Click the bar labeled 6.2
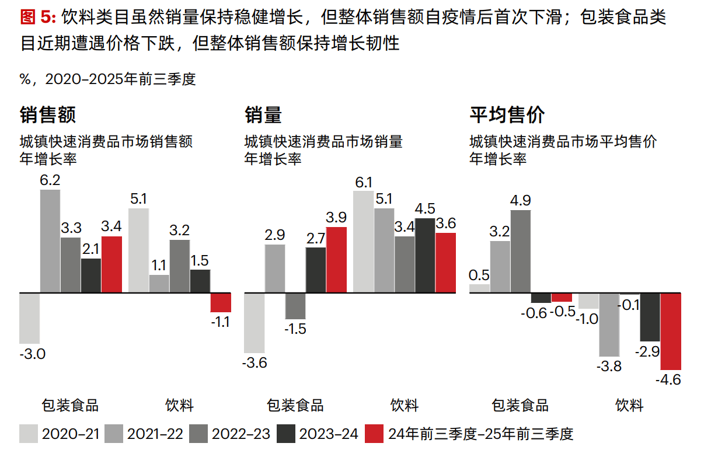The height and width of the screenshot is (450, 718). coord(50,240)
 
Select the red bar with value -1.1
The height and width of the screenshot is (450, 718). coord(221,302)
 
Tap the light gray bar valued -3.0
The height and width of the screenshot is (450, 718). coord(29,318)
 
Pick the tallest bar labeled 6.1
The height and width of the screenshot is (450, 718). coord(363,241)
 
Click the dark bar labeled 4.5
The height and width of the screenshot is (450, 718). coord(425,255)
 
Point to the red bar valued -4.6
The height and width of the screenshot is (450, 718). coord(671,331)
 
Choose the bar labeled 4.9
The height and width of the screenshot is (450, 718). coord(521,251)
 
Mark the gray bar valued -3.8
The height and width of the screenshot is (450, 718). coord(609,324)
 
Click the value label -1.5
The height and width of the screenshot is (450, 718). coord(295,329)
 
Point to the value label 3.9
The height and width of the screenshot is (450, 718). coord(336,217)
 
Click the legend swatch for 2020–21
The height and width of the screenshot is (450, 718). coord(29,434)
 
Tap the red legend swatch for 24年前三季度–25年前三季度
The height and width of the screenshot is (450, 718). coord(374,434)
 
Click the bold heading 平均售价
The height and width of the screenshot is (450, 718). coord(507,115)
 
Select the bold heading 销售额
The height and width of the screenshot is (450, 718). coord(48,115)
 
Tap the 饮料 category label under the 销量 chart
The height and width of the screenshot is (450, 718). coord(405,406)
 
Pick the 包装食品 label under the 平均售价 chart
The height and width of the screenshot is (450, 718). coord(520,406)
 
